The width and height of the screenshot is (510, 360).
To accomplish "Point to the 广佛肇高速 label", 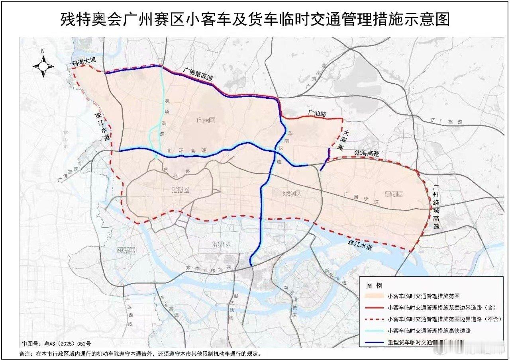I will (x=198, y=74).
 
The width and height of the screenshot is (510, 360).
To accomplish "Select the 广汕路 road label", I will (x=317, y=114).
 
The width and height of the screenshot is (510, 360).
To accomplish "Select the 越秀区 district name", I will (x=180, y=190).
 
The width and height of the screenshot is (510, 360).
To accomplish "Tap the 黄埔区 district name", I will (x=394, y=194).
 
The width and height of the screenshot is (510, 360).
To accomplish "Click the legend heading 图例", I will (x=374, y=286).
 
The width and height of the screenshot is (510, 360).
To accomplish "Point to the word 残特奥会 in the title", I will (x=84, y=19).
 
